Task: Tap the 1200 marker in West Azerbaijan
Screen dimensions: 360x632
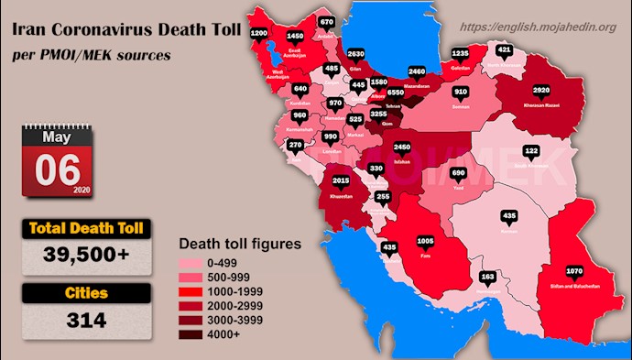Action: (x=258, y=33)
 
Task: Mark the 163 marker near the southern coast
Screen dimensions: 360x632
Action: (x=488, y=276)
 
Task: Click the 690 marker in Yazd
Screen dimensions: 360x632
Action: (x=459, y=173)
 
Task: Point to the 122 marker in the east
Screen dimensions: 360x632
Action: (x=531, y=150)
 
